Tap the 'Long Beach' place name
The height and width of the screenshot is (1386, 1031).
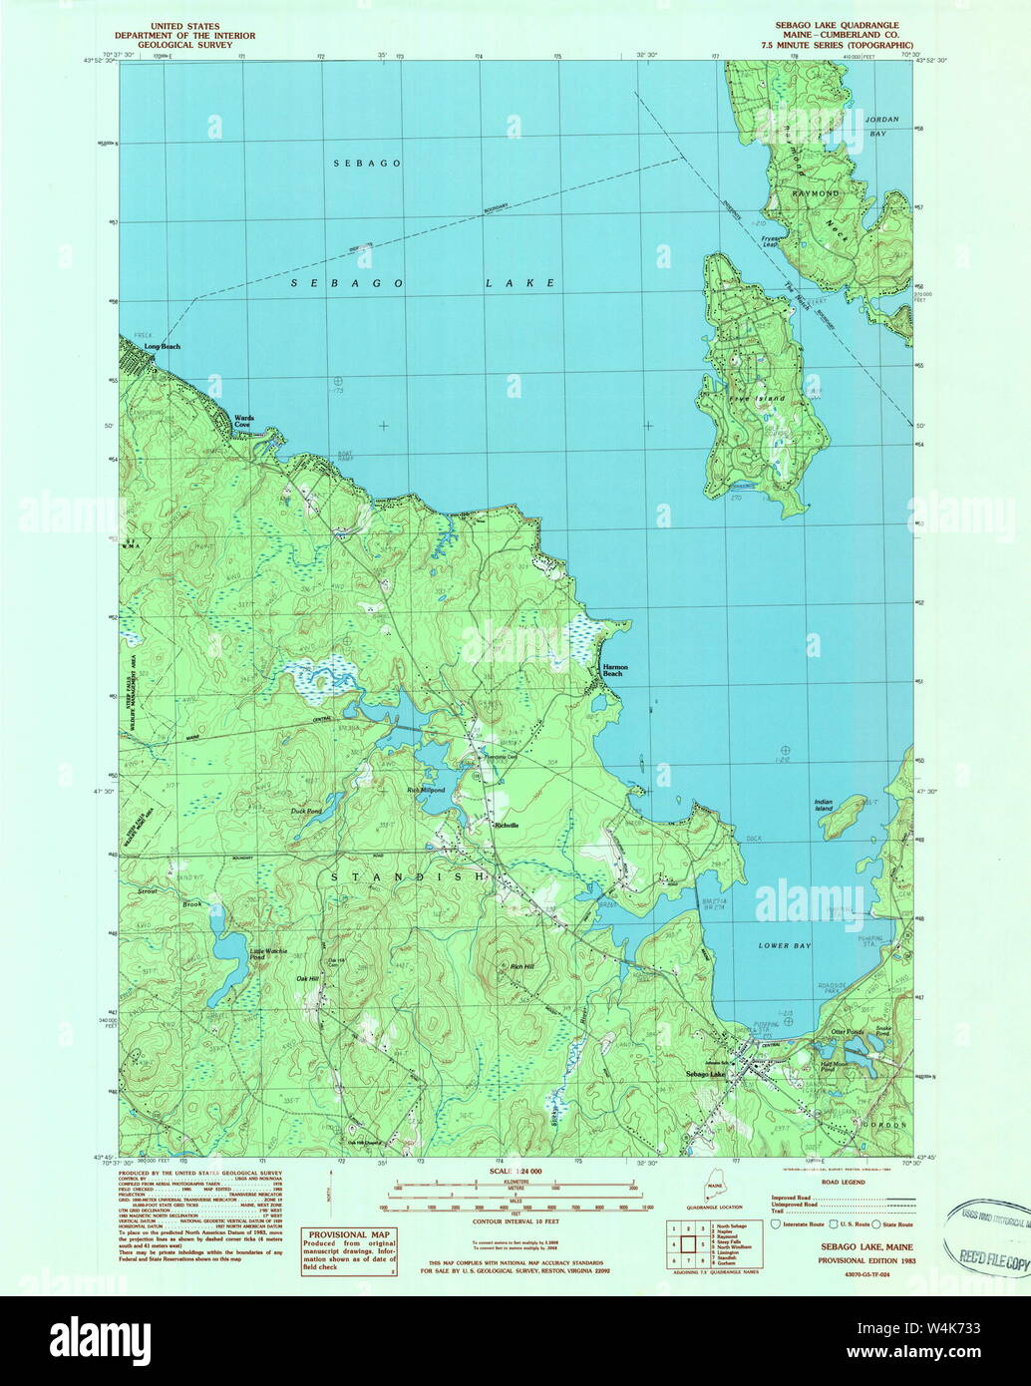pyautogui.click(x=163, y=347)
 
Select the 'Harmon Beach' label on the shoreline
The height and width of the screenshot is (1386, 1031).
pyautogui.click(x=612, y=670)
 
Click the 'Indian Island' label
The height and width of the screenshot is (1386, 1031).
pyautogui.click(x=823, y=805)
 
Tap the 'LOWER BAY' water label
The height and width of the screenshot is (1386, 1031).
pyautogui.click(x=787, y=945)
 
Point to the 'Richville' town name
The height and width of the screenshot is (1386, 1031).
pyautogui.click(x=507, y=826)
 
